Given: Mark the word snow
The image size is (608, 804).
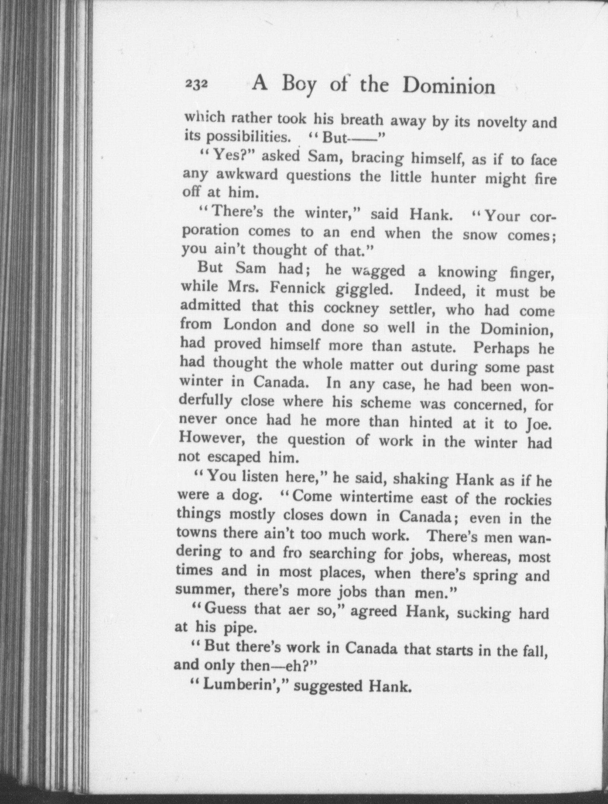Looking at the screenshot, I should pyautogui.click(x=480, y=235).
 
